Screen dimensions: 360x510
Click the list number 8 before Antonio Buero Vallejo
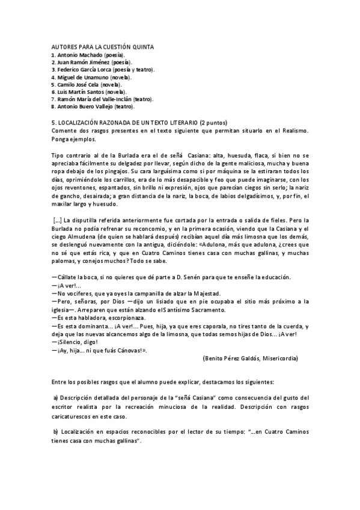(53, 106)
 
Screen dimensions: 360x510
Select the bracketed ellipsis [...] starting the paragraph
(56, 219)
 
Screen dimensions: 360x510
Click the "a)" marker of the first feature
(55, 398)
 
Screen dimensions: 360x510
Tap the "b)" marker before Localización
(55, 432)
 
